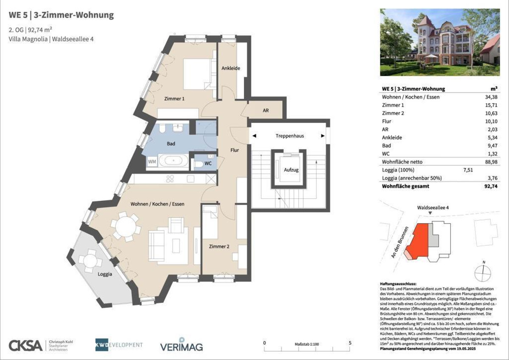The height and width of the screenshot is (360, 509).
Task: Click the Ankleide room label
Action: [x=231, y=68]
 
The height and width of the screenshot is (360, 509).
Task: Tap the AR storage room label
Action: [x=266, y=110]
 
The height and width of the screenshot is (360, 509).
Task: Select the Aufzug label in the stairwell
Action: [x=288, y=169]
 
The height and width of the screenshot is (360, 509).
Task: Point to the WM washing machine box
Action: [x=151, y=162]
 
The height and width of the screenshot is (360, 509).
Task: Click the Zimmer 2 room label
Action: [x=219, y=246]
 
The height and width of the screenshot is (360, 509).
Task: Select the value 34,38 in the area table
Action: [x=490, y=97]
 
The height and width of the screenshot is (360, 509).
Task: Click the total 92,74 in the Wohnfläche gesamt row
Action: [x=490, y=186]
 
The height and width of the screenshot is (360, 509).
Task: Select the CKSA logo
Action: [x=26, y=345]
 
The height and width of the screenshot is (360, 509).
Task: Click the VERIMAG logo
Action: [x=181, y=345]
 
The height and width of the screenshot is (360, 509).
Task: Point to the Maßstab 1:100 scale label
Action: [x=307, y=344]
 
